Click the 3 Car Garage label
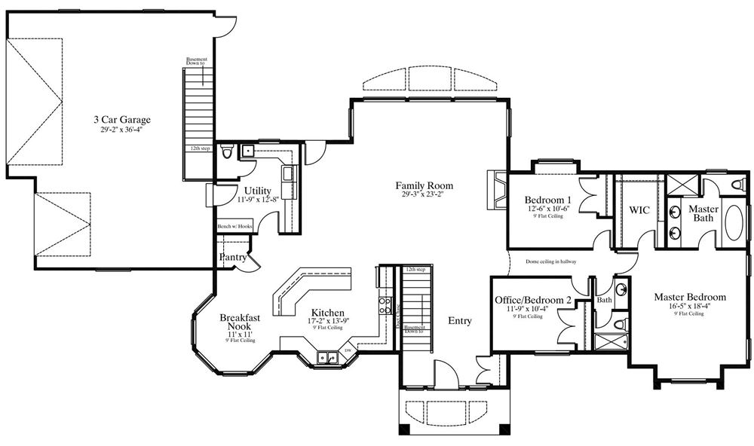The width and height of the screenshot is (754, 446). tap(122, 119)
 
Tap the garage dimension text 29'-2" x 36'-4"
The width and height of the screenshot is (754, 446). tap(122, 130)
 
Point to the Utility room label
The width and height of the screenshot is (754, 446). tap(258, 190)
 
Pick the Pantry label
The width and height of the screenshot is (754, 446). tap(233, 258)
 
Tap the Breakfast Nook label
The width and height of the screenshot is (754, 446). tap(241, 323)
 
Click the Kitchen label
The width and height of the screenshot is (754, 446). tap(328, 313)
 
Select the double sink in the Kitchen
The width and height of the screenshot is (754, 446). tap(326, 357)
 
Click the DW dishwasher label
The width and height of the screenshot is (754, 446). tap(348, 351)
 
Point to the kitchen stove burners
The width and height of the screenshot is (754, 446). tap(385, 305)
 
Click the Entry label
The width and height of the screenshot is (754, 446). tap(460, 321)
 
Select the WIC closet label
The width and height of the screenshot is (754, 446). tap(639, 209)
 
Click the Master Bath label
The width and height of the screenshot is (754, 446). tap(703, 213)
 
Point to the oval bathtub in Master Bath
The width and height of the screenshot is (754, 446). tap(734, 220)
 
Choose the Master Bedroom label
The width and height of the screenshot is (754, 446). tap(690, 297)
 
